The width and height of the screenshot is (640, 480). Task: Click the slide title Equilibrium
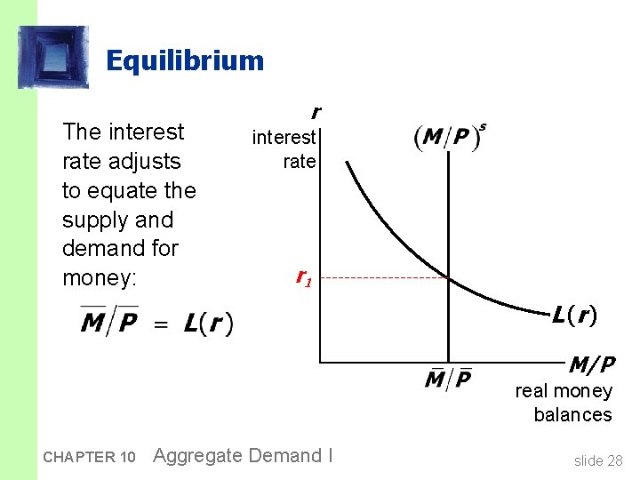click(x=185, y=60)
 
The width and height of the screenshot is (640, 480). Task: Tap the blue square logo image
click(x=53, y=57)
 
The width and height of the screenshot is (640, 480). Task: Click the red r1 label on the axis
click(x=303, y=278)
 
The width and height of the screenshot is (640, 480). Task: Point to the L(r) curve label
click(x=573, y=315)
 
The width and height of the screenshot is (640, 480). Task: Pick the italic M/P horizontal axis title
click(x=592, y=365)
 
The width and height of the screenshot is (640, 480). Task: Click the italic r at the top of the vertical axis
click(x=314, y=113)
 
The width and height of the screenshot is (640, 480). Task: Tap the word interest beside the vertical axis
click(x=284, y=137)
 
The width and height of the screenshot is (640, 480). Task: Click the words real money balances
click(x=564, y=403)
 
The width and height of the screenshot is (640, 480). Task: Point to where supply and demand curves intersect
click(x=448, y=278)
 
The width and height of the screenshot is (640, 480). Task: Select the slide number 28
click(x=598, y=460)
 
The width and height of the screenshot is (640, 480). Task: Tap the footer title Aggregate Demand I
click(x=243, y=456)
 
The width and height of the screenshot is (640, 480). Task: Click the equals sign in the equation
click(x=161, y=324)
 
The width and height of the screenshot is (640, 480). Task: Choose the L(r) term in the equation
click(x=209, y=324)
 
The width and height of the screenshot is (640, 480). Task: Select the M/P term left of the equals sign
click(x=109, y=321)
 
